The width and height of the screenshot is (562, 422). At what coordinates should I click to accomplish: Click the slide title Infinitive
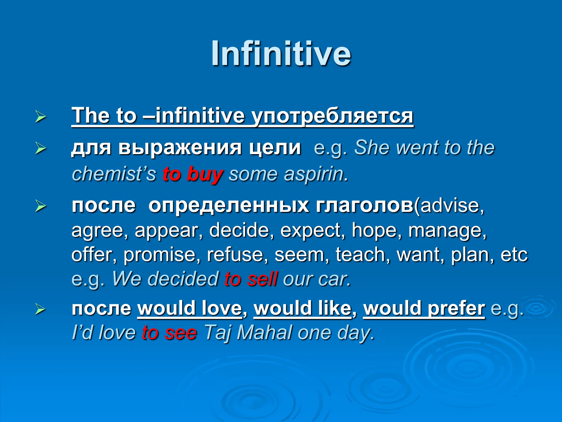tap(281, 54)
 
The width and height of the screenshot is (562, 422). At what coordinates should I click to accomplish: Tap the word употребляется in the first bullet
tap(332, 116)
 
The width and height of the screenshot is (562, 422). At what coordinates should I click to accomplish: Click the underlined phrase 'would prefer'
tap(424, 309)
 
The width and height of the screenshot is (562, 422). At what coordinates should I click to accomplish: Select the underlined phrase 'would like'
tap(302, 309)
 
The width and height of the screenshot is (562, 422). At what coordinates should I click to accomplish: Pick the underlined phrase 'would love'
tap(190, 309)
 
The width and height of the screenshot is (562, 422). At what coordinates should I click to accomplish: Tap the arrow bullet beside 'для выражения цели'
tap(40, 149)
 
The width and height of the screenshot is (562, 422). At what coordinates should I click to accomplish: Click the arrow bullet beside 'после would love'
tap(40, 310)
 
